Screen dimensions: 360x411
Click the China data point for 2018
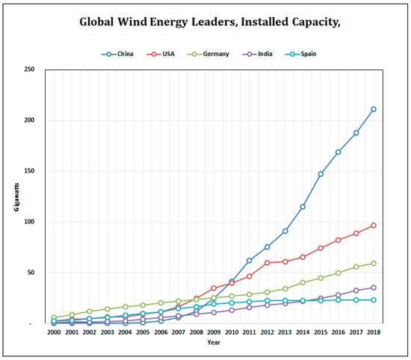pyautogui.click(x=374, y=109)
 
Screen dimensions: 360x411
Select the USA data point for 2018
pyautogui.click(x=374, y=226)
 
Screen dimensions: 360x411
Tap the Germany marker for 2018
pyautogui.click(x=374, y=264)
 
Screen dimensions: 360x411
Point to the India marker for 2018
pyautogui.click(x=374, y=288)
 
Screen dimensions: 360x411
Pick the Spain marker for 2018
pyautogui.click(x=374, y=300)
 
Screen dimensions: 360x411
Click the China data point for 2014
pyautogui.click(x=303, y=207)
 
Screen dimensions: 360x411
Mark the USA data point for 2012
pyautogui.click(x=267, y=263)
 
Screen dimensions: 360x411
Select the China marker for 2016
pyautogui.click(x=338, y=152)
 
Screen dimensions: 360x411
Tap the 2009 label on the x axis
pyautogui.click(x=214, y=332)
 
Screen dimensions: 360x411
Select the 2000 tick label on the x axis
pyautogui.click(x=54, y=332)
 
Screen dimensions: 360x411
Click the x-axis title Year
pyautogui.click(x=214, y=343)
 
